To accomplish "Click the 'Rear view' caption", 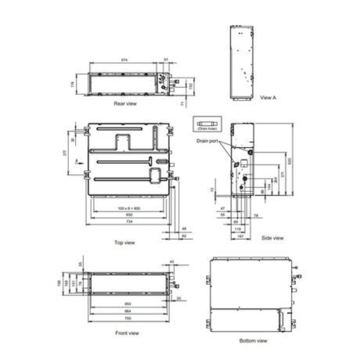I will tap(125, 104).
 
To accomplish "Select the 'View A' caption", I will tap(268, 97).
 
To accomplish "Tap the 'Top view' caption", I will tap(124, 242).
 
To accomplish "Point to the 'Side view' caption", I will tap(272, 238).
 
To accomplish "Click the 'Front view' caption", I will tap(127, 332).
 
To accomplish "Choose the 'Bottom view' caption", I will tap(253, 340).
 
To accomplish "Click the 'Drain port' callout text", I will tap(206, 140).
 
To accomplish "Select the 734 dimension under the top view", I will tap(128, 222).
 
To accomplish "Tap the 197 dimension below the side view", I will tap(241, 236).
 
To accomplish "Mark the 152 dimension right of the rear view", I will tap(191, 86).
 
